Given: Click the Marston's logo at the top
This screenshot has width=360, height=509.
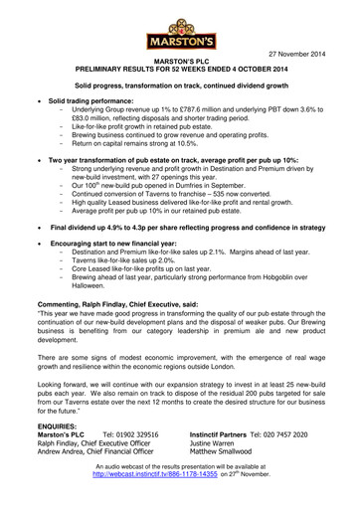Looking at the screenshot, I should point(179,27).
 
